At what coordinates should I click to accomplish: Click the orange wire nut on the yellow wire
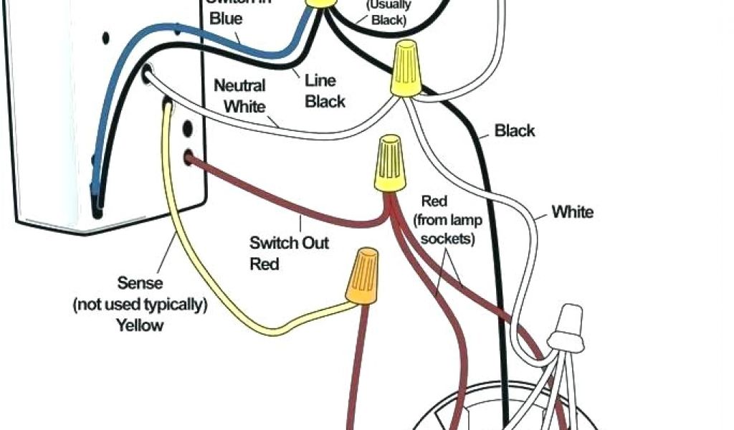coord(363,276)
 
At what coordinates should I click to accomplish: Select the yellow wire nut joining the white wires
coord(406,69)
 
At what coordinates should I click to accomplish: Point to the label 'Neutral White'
coord(240,96)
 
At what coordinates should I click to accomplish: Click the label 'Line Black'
coord(325,91)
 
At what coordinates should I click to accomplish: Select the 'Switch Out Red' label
coord(279,253)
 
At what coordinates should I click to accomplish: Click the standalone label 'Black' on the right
coord(515,130)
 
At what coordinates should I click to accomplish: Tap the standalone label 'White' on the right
coord(572,211)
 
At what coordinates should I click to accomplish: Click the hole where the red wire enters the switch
coord(189,156)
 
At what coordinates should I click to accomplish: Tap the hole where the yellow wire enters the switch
coord(166,105)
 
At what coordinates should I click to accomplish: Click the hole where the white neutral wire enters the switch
coord(148,72)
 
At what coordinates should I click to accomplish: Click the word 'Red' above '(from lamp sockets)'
coord(434,201)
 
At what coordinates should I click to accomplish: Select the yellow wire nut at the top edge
coord(321,4)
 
